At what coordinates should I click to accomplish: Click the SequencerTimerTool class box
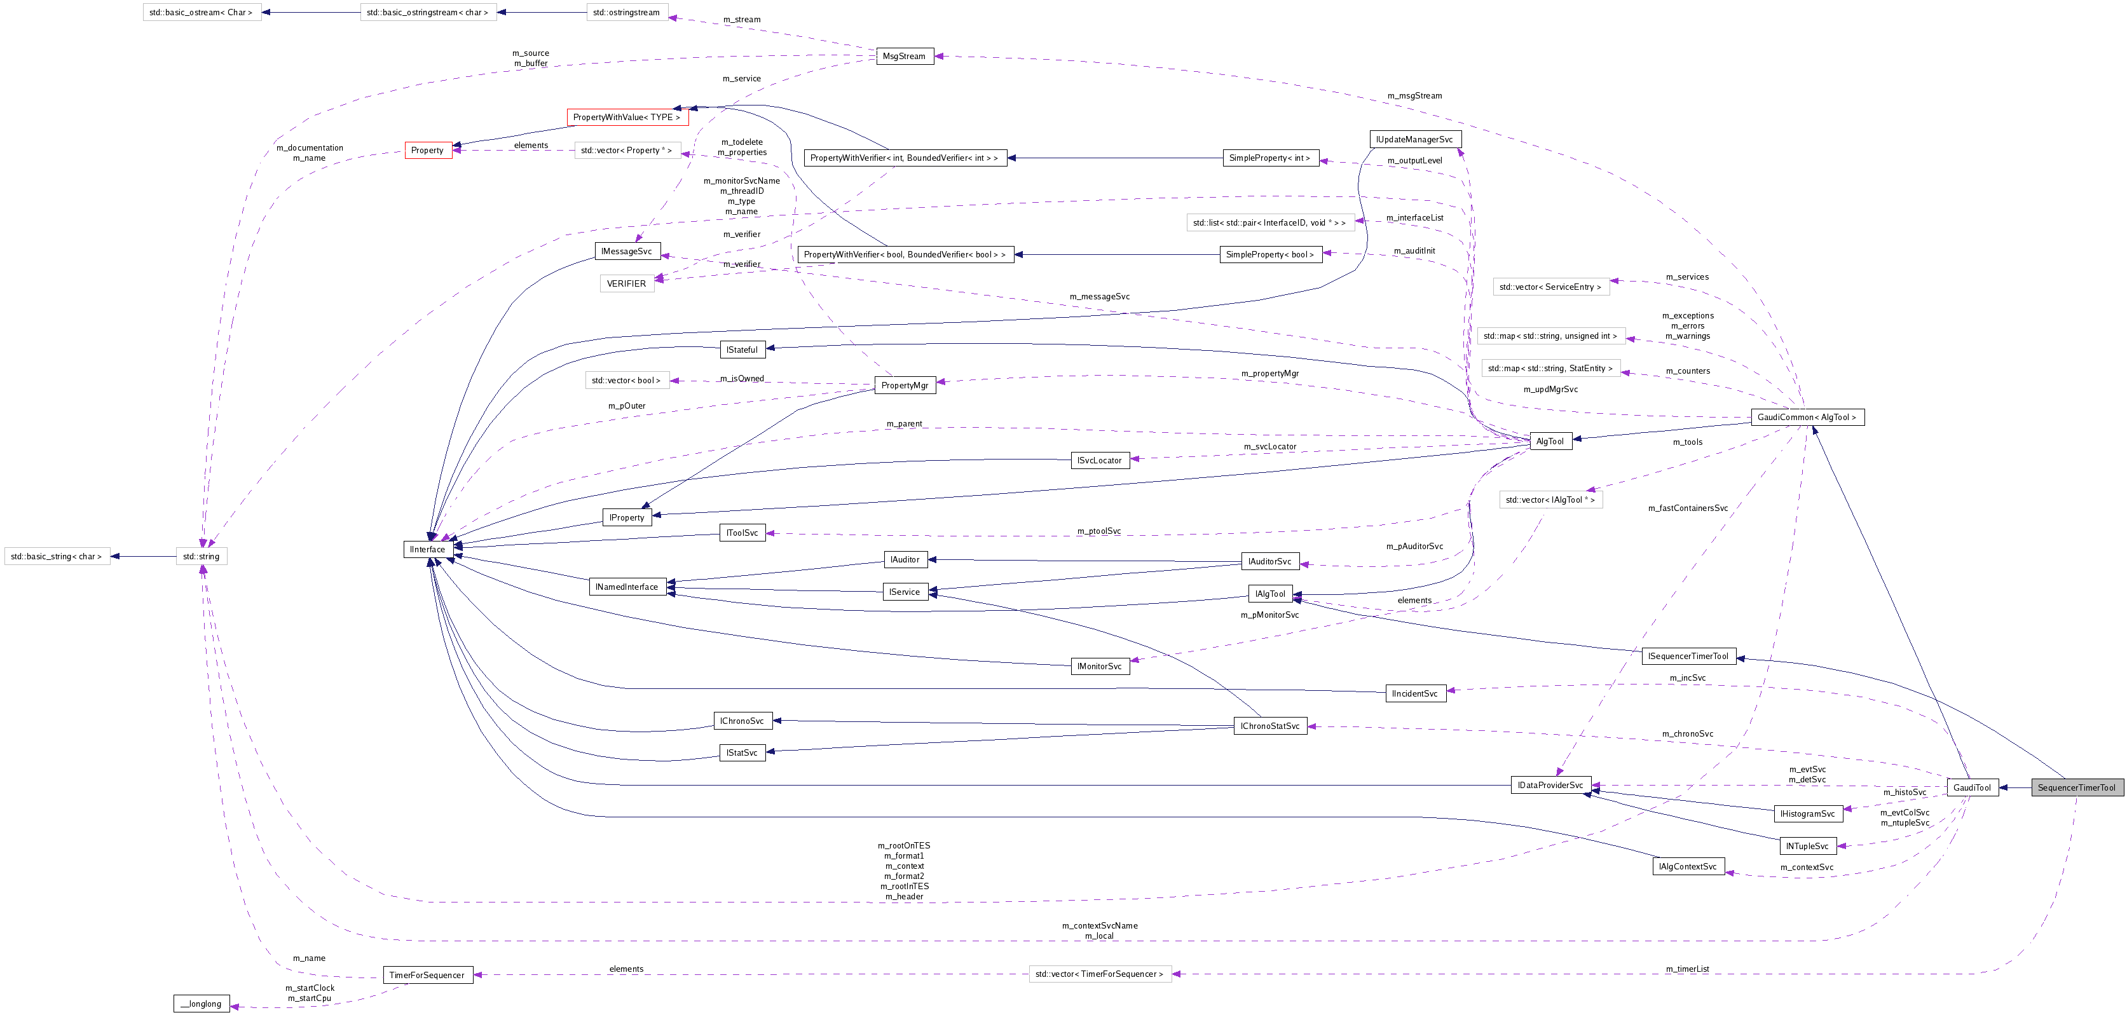pos(2076,787)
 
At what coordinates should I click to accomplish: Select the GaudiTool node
pos(1972,787)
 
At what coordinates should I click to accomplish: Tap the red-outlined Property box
pos(428,150)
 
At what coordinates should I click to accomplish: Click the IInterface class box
pos(427,549)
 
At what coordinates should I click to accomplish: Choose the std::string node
pos(202,556)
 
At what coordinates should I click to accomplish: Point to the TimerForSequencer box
pos(427,974)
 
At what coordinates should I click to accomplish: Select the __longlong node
pos(202,1004)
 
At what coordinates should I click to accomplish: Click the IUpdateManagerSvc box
pos(1414,140)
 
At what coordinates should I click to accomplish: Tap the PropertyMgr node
pos(904,385)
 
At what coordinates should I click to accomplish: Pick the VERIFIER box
pos(626,283)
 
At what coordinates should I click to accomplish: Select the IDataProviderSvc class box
pos(1549,784)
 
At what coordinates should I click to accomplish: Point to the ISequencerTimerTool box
pos(1688,656)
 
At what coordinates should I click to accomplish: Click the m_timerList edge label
pos(1687,969)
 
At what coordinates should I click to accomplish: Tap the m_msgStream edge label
pos(1414,96)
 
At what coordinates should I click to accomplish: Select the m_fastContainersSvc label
pos(1688,508)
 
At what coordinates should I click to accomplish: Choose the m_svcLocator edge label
pos(1270,447)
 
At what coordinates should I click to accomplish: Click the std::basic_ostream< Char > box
pos(202,12)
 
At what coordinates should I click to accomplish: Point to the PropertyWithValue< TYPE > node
pos(627,118)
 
